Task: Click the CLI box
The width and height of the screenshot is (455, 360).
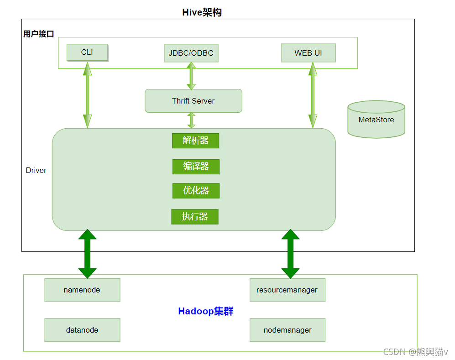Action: (87, 52)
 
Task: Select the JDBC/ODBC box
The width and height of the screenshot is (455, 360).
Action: (191, 53)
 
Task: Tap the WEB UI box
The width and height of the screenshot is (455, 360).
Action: (308, 53)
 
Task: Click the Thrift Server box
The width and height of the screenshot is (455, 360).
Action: (193, 101)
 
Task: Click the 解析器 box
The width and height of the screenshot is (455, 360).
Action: (195, 141)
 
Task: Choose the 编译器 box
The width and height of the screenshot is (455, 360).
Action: (196, 167)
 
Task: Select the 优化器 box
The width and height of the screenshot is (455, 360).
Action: (196, 191)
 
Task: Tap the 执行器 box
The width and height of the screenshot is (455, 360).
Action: (195, 217)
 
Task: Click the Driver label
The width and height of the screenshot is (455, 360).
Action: (36, 170)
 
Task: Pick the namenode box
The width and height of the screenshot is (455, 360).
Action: (82, 290)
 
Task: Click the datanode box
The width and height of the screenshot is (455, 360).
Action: (82, 330)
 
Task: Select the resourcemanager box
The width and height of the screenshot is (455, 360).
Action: (287, 290)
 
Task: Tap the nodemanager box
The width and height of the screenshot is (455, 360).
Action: (287, 330)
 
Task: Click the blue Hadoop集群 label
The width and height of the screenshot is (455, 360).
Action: (206, 312)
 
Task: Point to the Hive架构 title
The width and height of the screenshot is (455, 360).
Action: (202, 12)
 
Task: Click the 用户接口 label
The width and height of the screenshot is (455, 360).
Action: (39, 34)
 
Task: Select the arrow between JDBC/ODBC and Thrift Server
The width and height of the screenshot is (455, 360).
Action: (191, 76)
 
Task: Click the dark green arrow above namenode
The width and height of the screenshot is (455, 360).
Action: (88, 254)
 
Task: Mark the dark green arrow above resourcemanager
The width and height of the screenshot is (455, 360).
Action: (290, 254)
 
